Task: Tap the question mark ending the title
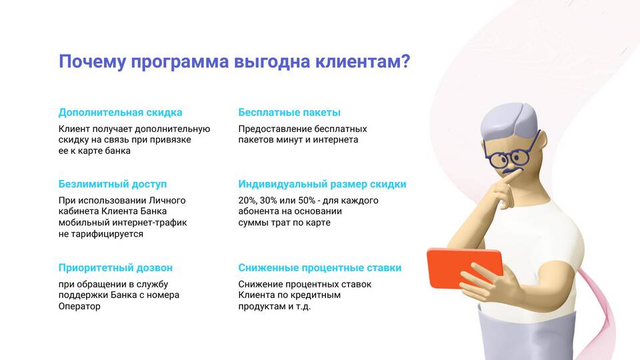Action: pyautogui.click(x=405, y=61)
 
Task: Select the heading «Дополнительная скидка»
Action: pyautogui.click(x=121, y=113)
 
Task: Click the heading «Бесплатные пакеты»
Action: pyautogui.click(x=289, y=112)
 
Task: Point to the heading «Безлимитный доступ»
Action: pyautogui.click(x=113, y=184)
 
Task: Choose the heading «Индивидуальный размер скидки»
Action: pyautogui.click(x=323, y=184)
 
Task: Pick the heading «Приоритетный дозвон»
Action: pyautogui.click(x=115, y=268)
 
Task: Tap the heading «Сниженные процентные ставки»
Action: pyautogui.click(x=320, y=268)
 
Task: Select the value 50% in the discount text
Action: pyautogui.click(x=307, y=201)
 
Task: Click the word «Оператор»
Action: pyautogui.click(x=79, y=306)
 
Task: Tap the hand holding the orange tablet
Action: pyautogui.click(x=490, y=281)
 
